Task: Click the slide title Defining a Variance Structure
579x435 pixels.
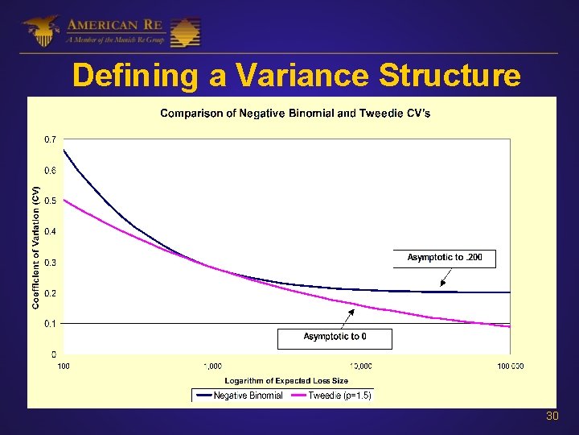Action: click(296, 76)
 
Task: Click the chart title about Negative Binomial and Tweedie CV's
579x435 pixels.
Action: click(295, 114)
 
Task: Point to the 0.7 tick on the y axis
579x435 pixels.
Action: click(50, 140)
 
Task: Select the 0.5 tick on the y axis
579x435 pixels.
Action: click(50, 201)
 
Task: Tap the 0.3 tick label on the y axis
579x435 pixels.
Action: click(50, 263)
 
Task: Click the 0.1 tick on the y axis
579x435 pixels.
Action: click(50, 324)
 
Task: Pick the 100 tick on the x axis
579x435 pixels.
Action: click(63, 366)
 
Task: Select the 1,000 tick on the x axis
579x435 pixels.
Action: click(211, 366)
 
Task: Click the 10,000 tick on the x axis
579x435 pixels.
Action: click(360, 366)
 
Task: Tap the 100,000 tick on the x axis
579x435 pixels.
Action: click(509, 366)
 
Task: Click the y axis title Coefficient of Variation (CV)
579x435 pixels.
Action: click(35, 246)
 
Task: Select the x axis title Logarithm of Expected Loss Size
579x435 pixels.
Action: click(286, 380)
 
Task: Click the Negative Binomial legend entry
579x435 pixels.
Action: click(239, 396)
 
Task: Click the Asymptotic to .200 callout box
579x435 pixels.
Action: click(445, 258)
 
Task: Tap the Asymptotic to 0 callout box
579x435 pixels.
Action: click(335, 337)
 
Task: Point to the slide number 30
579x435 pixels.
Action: click(552, 416)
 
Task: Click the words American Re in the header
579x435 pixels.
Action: click(116, 23)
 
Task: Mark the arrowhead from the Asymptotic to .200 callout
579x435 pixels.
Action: click(442, 284)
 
